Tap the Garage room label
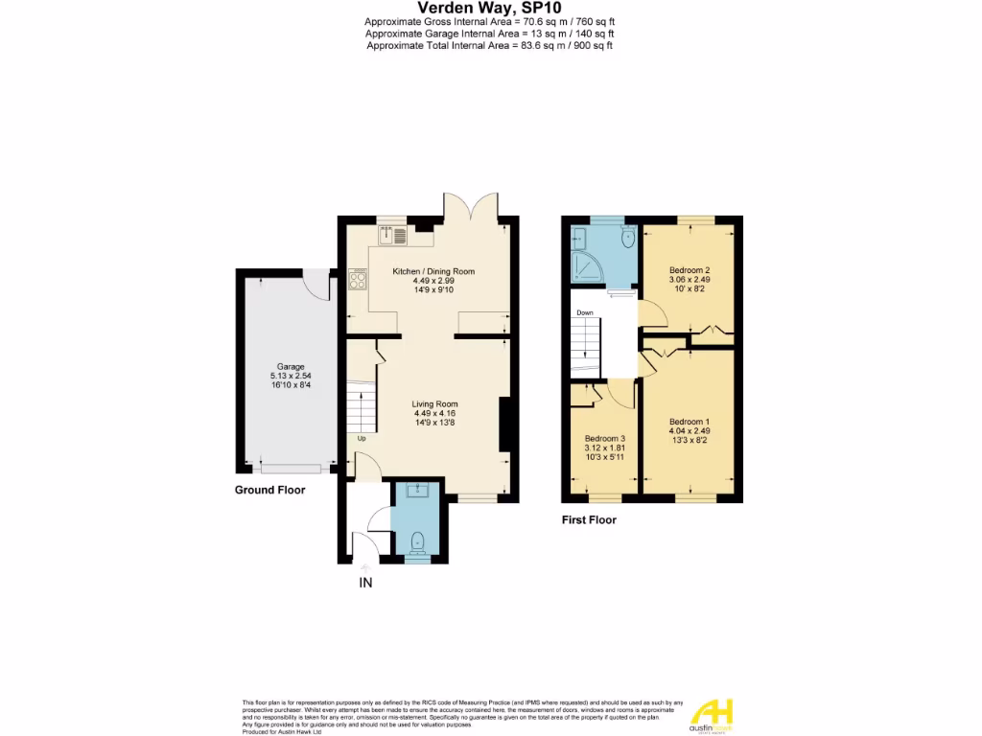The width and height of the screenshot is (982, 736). (x=291, y=367)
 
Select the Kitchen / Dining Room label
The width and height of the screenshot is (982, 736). (x=433, y=271)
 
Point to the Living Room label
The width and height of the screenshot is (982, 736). (x=434, y=403)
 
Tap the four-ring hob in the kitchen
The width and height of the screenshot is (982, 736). (x=359, y=279)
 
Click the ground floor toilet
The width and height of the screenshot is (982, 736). (x=416, y=543)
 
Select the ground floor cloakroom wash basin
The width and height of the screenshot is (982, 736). (x=416, y=493)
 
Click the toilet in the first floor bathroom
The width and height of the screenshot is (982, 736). (x=628, y=236)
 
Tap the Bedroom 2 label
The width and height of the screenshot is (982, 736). (x=689, y=269)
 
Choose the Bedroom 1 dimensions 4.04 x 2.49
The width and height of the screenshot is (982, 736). (x=689, y=431)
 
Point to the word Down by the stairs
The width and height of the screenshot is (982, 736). (x=584, y=312)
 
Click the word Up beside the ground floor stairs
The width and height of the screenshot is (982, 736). (x=362, y=439)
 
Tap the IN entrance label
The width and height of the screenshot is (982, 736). (x=365, y=582)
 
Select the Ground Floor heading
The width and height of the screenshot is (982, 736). (x=269, y=490)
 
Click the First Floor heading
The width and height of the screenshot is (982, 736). (x=589, y=520)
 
